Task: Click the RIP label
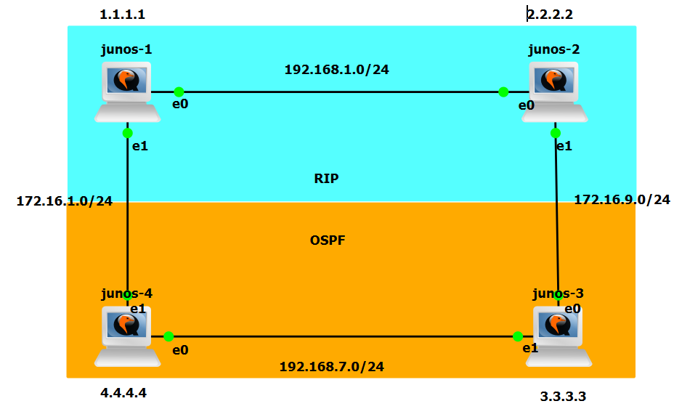click(326, 179)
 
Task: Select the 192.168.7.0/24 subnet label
click(332, 366)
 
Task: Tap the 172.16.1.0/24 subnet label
click(65, 201)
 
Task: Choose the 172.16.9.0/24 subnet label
click(622, 199)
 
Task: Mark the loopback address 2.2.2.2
click(555, 14)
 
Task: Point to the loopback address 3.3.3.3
click(563, 397)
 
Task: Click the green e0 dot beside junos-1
click(178, 92)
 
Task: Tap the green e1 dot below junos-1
click(127, 133)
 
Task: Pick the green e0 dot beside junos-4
click(168, 336)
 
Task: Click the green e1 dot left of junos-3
click(518, 336)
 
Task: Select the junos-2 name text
click(553, 49)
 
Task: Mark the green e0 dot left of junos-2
click(503, 92)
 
